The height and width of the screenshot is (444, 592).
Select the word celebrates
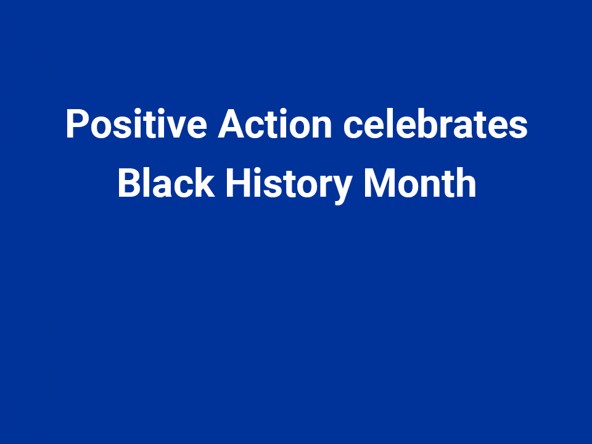435,125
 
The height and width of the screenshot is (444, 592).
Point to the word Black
166,184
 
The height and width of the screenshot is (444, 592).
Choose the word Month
420,184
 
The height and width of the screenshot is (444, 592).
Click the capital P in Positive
76,125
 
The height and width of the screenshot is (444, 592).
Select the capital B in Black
128,184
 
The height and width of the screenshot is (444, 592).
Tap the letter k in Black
205,184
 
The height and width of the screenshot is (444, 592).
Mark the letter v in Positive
177,127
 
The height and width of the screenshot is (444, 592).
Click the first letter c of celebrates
353,127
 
